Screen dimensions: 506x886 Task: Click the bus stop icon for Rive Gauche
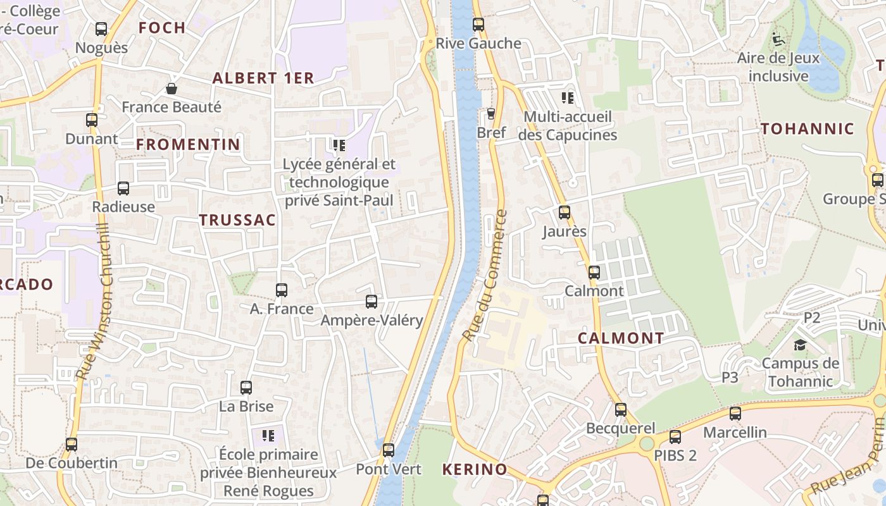(478, 25)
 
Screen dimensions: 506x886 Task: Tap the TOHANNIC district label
(807, 129)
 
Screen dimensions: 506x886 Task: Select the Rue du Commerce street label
(485, 276)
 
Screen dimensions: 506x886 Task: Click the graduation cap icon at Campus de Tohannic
(800, 345)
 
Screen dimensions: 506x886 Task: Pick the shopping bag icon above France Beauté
(171, 89)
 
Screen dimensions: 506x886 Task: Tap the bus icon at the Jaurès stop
(564, 213)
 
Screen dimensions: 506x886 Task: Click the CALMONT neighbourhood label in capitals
(621, 338)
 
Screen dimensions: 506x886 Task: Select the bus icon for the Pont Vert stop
(389, 450)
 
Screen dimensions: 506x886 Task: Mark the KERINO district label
(475, 469)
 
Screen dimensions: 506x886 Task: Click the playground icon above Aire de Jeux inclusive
(778, 39)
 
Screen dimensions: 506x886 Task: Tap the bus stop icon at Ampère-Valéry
(371, 302)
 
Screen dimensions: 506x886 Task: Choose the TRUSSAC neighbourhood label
(237, 220)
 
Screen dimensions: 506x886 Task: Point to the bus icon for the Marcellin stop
(735, 414)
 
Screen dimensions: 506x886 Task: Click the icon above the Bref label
(490, 114)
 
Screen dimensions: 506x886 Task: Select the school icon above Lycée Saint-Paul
(339, 145)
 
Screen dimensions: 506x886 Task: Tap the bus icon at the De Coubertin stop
(72, 445)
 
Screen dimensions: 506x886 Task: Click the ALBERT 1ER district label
(263, 78)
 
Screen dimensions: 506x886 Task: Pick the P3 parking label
(730, 378)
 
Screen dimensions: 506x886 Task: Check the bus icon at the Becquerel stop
(621, 410)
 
